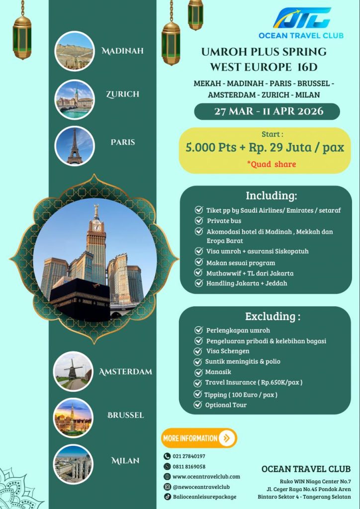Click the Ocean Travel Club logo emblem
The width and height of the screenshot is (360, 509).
tap(301, 18)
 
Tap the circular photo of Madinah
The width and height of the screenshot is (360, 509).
tap(74, 51)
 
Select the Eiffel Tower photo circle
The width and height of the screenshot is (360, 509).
tap(74, 146)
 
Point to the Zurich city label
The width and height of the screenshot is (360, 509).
tap(122, 94)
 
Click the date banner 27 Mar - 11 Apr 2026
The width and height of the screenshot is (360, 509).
tap(267, 111)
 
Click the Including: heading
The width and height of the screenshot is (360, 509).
tap(271, 195)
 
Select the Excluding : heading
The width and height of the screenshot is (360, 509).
tap(272, 316)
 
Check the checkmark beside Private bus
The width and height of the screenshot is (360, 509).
tap(198, 220)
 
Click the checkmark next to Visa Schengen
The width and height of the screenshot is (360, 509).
tap(197, 351)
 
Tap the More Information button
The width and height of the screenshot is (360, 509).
tap(199, 438)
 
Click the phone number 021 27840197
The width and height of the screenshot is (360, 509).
tap(189, 456)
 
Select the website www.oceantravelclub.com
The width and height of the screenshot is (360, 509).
tap(206, 476)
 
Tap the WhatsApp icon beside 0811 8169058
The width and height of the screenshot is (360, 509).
tap(167, 466)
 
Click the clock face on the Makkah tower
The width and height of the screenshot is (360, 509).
tap(97, 227)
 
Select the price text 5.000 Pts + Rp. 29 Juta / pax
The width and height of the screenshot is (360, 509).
tap(265, 147)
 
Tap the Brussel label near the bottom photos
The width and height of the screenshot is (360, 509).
tap(126, 415)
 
